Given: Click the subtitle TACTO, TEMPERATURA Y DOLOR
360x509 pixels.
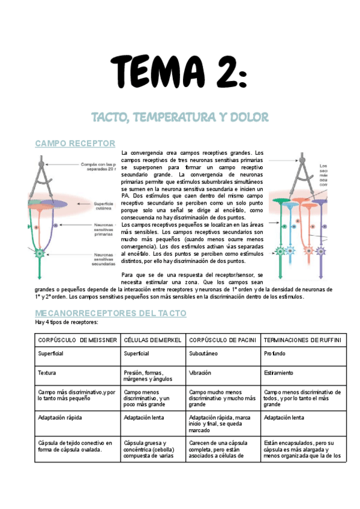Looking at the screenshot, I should click(x=179, y=116).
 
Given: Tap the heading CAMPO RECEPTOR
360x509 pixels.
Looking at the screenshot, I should click(x=76, y=143).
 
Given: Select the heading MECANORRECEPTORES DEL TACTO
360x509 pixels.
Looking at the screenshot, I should click(x=111, y=313).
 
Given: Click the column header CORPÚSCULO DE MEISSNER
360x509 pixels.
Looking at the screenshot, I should click(x=77, y=340).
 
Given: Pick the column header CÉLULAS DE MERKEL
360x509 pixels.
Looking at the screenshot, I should click(x=152, y=340).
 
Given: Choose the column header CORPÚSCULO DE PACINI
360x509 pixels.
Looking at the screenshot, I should click(x=223, y=340).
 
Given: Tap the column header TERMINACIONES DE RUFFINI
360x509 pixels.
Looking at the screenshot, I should click(x=302, y=340).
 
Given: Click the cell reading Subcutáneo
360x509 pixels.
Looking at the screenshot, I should click(x=203, y=354).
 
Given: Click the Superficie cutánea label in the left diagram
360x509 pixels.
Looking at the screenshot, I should click(x=104, y=206).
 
